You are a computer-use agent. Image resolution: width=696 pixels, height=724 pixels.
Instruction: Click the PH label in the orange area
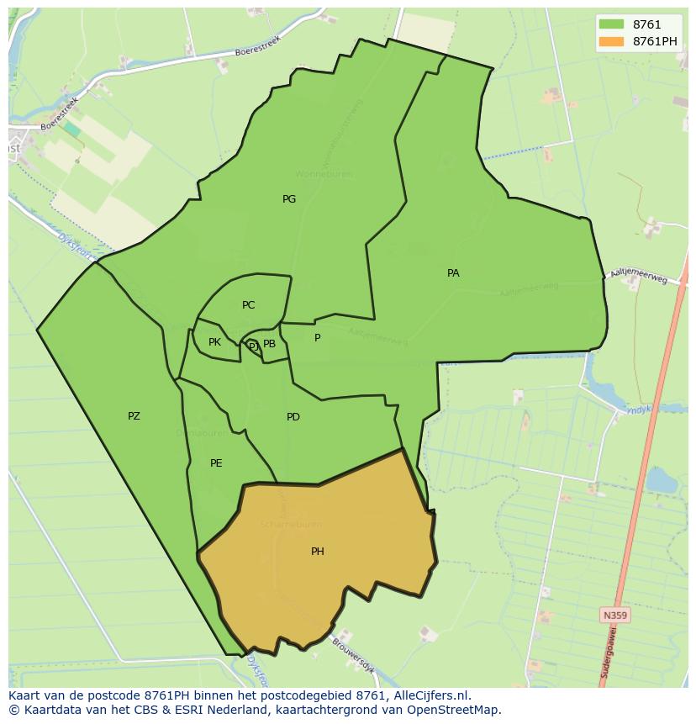pyautogui.click(x=318, y=552)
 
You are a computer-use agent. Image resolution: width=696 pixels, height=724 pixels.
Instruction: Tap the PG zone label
pyautogui.click(x=289, y=199)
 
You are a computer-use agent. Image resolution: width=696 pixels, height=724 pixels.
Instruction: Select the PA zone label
pyautogui.click(x=453, y=273)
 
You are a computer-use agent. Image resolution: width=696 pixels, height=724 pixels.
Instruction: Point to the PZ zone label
pyautogui.click(x=134, y=416)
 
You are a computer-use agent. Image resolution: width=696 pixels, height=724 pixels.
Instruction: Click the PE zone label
pyautogui.click(x=216, y=463)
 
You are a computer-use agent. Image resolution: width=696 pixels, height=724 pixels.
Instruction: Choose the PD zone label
pyautogui.click(x=293, y=417)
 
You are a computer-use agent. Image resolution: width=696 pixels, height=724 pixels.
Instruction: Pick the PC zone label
pyautogui.click(x=248, y=305)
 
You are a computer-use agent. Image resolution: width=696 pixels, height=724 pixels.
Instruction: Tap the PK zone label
pyautogui.click(x=214, y=342)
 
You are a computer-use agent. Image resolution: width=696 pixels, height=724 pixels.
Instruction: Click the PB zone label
pyautogui.click(x=269, y=344)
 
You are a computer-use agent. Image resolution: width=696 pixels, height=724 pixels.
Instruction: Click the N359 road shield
pyautogui.click(x=615, y=616)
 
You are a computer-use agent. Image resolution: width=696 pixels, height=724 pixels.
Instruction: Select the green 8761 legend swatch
pyautogui.click(x=612, y=24)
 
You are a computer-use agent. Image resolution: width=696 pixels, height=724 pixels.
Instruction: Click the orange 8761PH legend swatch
pyautogui.click(x=612, y=41)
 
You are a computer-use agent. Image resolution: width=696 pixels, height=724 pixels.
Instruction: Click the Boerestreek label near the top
pyautogui.click(x=257, y=45)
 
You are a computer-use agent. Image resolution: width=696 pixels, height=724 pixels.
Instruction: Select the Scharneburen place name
pyautogui.click(x=290, y=524)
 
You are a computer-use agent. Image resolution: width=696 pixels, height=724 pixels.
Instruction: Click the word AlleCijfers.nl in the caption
pyautogui.click(x=434, y=695)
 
